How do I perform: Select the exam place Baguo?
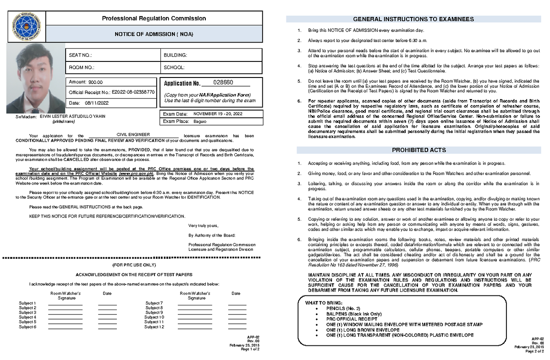click(200, 122)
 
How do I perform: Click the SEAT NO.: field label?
click(80, 55)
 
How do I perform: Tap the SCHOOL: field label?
click(174, 67)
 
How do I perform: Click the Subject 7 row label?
click(154, 303)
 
